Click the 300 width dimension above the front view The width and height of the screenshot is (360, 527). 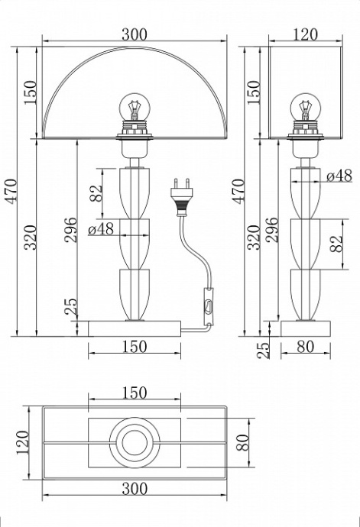(x=134, y=35)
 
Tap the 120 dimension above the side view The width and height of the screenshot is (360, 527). (x=304, y=35)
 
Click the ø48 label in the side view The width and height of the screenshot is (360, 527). (x=339, y=176)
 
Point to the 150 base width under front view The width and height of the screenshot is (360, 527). (x=134, y=347)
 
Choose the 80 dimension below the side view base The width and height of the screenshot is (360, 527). (x=304, y=347)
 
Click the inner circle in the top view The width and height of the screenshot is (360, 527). (x=134, y=441)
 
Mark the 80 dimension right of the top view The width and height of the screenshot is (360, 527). (x=243, y=441)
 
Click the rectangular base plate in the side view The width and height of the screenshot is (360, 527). (x=304, y=328)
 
